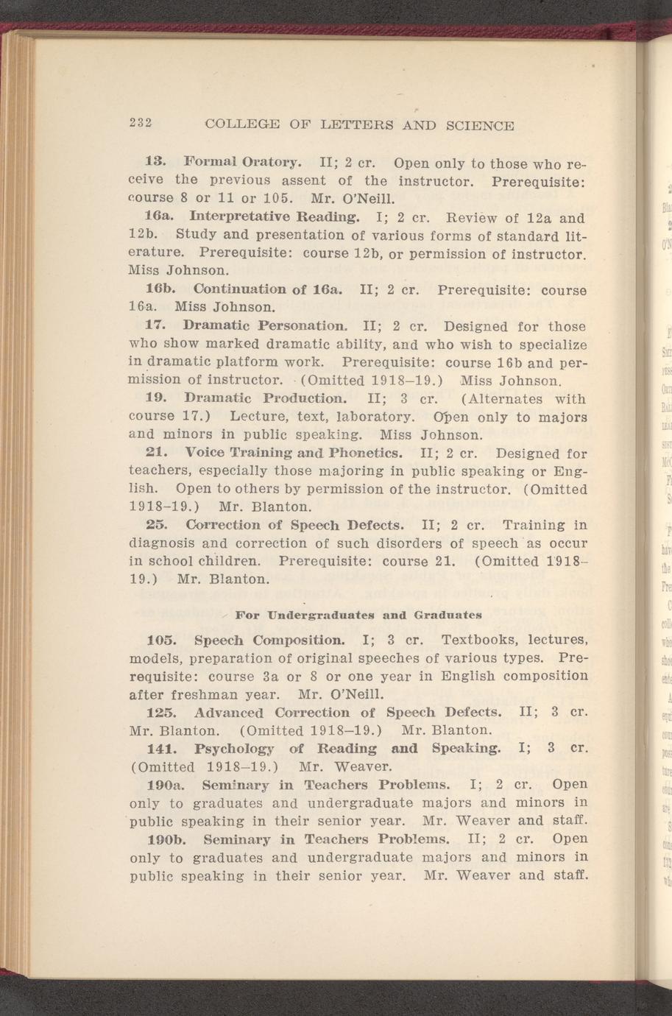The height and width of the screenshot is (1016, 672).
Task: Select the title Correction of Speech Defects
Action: coord(294,525)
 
